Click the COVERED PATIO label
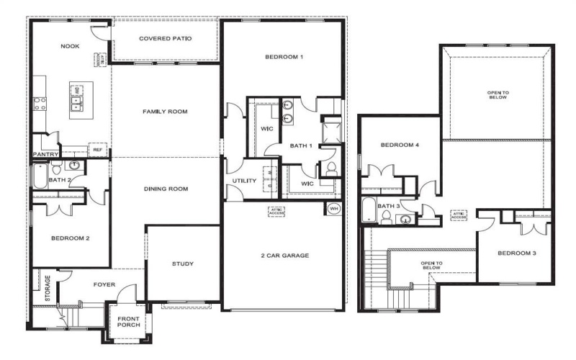click(x=165, y=38)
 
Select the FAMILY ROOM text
click(x=165, y=112)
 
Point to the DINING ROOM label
click(x=165, y=189)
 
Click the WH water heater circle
click(x=333, y=209)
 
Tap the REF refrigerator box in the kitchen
click(x=97, y=150)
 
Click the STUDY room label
click(x=184, y=264)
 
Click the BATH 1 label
click(x=301, y=146)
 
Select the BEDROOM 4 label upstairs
click(x=400, y=145)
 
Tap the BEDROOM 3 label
click(x=518, y=253)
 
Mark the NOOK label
click(x=69, y=47)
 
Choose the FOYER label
click(x=105, y=284)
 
